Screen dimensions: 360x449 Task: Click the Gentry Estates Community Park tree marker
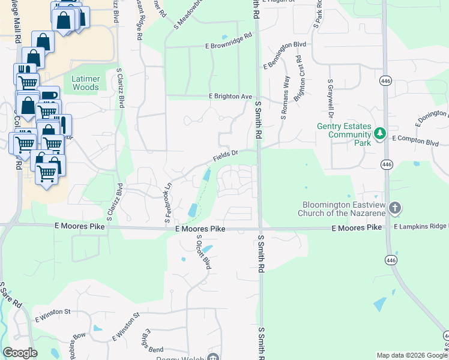pos(379,133)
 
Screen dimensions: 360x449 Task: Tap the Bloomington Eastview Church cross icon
pos(394,208)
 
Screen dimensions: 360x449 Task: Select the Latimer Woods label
pos(85,83)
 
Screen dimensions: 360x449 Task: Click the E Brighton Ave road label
pos(231,96)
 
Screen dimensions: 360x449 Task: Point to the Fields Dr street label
pos(226,156)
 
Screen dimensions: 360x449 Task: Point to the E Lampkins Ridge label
pos(421,226)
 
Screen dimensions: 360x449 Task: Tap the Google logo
pos(20,353)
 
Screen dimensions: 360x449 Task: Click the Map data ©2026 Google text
pos(411,355)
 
